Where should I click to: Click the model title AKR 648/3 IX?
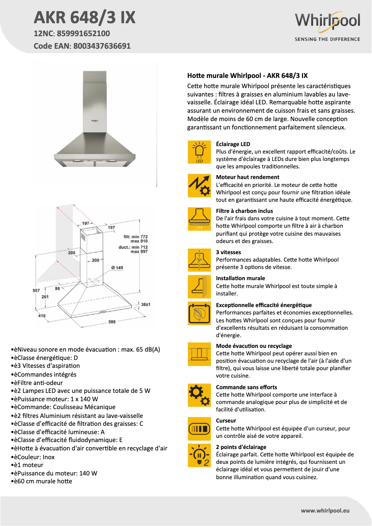click(x=84, y=17)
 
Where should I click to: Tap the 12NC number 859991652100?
click(x=83, y=33)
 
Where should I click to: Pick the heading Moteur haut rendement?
click(x=248, y=177)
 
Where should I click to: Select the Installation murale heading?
click(x=241, y=279)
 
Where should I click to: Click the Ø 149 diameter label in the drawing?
click(x=117, y=268)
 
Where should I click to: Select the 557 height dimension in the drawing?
click(x=37, y=290)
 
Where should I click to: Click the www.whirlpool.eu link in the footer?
click(x=325, y=510)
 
